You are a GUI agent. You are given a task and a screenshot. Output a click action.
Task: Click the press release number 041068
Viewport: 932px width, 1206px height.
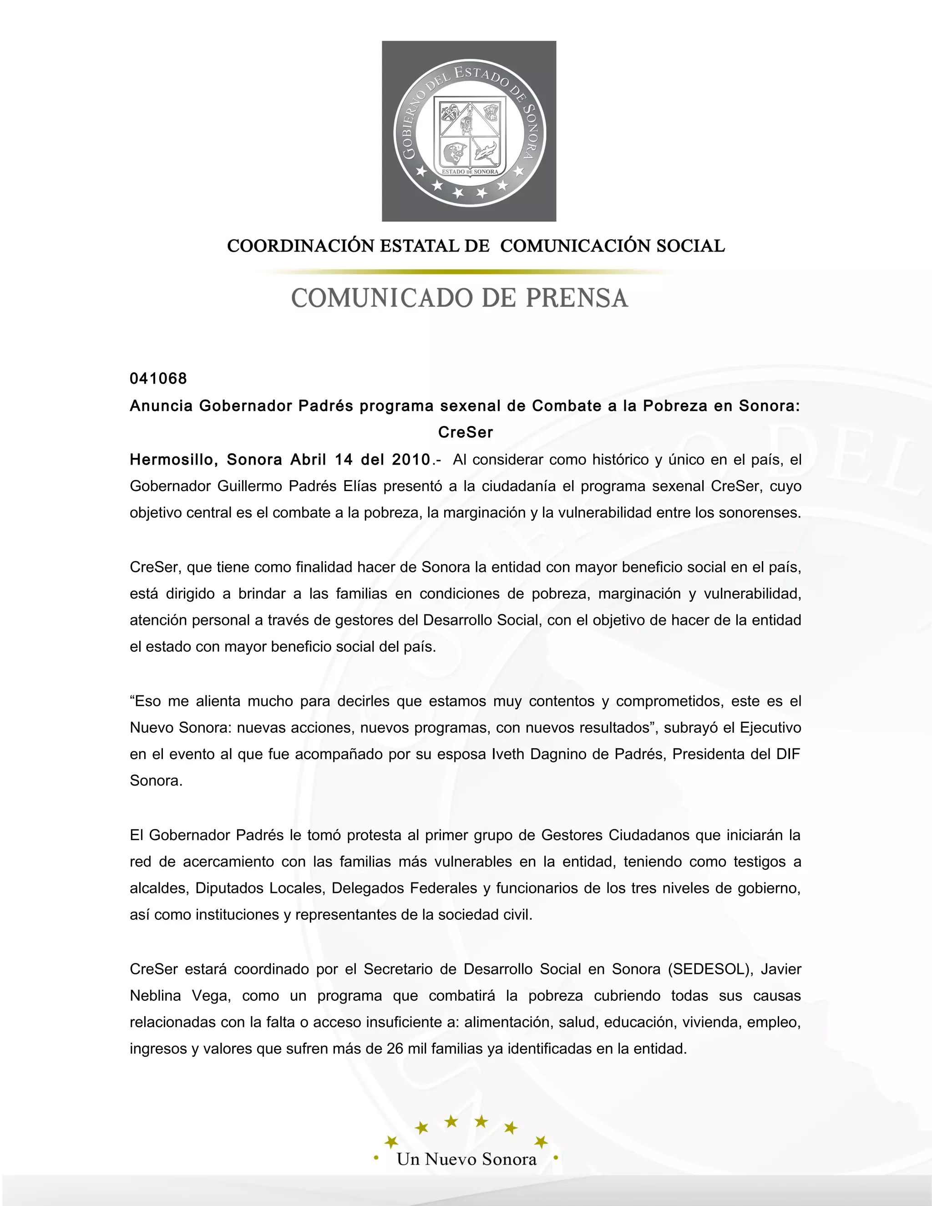click(158, 379)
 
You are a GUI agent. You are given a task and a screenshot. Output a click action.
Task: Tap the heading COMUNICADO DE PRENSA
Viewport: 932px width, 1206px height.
click(459, 298)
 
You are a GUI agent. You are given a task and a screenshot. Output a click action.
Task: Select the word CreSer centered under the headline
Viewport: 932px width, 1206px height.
click(466, 432)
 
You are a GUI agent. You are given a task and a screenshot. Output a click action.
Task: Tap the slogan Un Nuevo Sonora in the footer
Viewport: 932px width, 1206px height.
click(466, 1159)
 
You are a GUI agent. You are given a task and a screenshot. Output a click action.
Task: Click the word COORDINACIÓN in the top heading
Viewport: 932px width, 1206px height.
click(300, 246)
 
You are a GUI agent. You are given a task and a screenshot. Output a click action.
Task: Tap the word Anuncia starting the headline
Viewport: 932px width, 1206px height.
click(161, 406)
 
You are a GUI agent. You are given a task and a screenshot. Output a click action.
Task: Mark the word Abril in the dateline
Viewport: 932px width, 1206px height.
click(309, 460)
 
